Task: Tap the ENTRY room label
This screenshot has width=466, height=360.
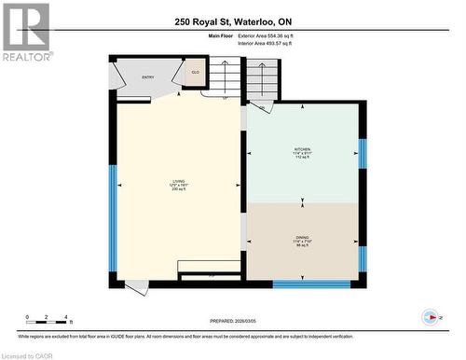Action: [x=148, y=77]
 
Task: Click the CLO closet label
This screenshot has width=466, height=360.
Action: [x=196, y=73]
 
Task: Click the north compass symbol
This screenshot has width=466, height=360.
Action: [x=430, y=316]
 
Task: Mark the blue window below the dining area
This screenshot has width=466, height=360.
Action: [x=311, y=284]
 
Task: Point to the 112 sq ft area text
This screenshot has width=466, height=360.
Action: [x=302, y=158]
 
